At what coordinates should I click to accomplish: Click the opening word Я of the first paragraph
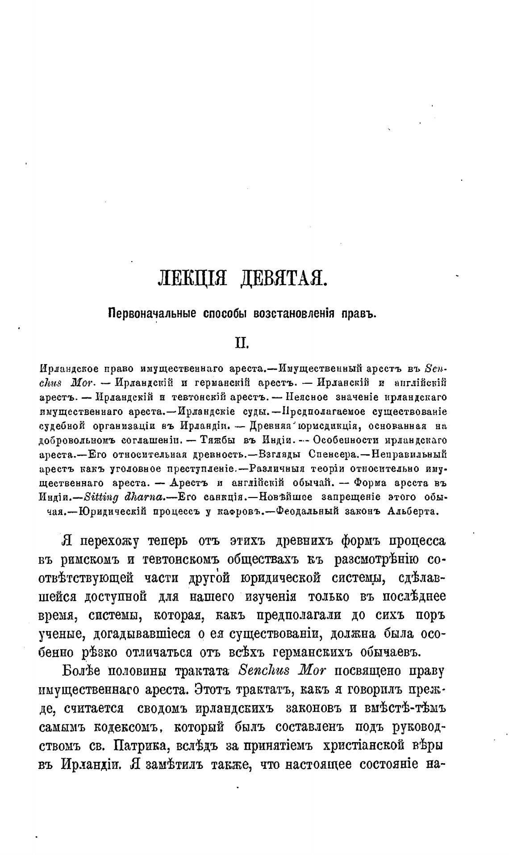click(x=67, y=541)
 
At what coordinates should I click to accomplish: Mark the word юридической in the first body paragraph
click(x=281, y=578)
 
